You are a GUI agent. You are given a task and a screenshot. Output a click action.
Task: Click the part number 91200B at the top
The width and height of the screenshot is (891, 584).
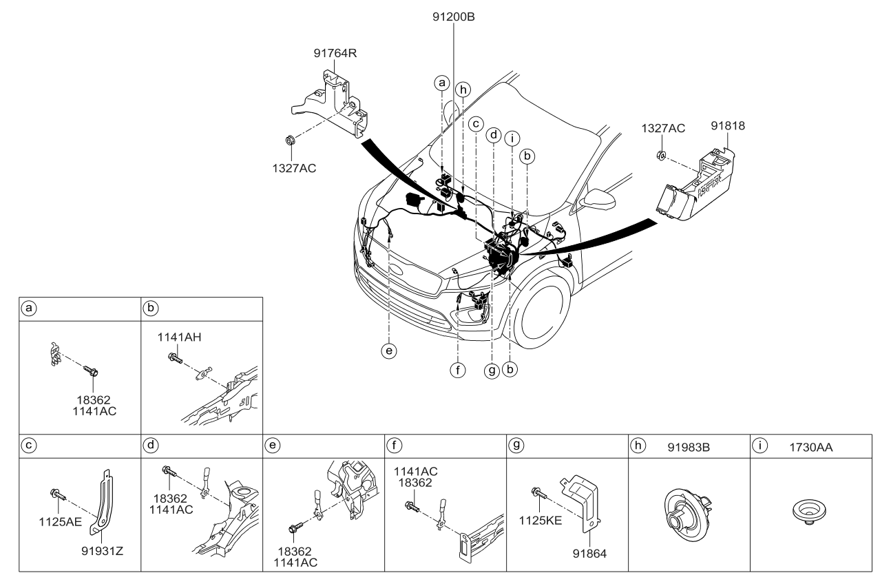(454, 19)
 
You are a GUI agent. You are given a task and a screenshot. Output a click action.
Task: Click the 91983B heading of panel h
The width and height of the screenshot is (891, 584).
(690, 447)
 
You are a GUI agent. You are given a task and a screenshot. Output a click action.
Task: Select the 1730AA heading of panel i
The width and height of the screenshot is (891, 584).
(810, 447)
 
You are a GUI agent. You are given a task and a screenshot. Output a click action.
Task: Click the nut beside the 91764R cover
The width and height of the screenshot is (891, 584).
(291, 142)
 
